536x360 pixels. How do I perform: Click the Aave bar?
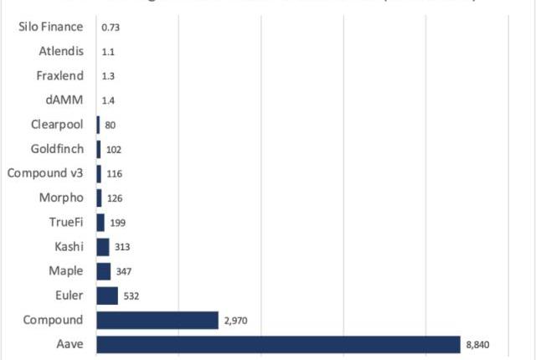[278, 344]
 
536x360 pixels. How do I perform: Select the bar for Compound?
[157, 320]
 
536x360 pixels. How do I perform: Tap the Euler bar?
[107, 296]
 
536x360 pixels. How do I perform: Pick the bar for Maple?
[104, 271]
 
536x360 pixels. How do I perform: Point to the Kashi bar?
[103, 247]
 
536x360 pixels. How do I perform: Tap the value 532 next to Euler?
[132, 296]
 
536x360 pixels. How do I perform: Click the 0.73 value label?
[110, 28]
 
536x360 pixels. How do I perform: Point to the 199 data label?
[118, 223]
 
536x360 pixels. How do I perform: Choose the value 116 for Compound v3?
[115, 174]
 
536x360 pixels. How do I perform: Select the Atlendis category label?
[61, 51]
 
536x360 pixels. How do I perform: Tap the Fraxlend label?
[60, 75]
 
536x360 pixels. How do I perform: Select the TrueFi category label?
[66, 223]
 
